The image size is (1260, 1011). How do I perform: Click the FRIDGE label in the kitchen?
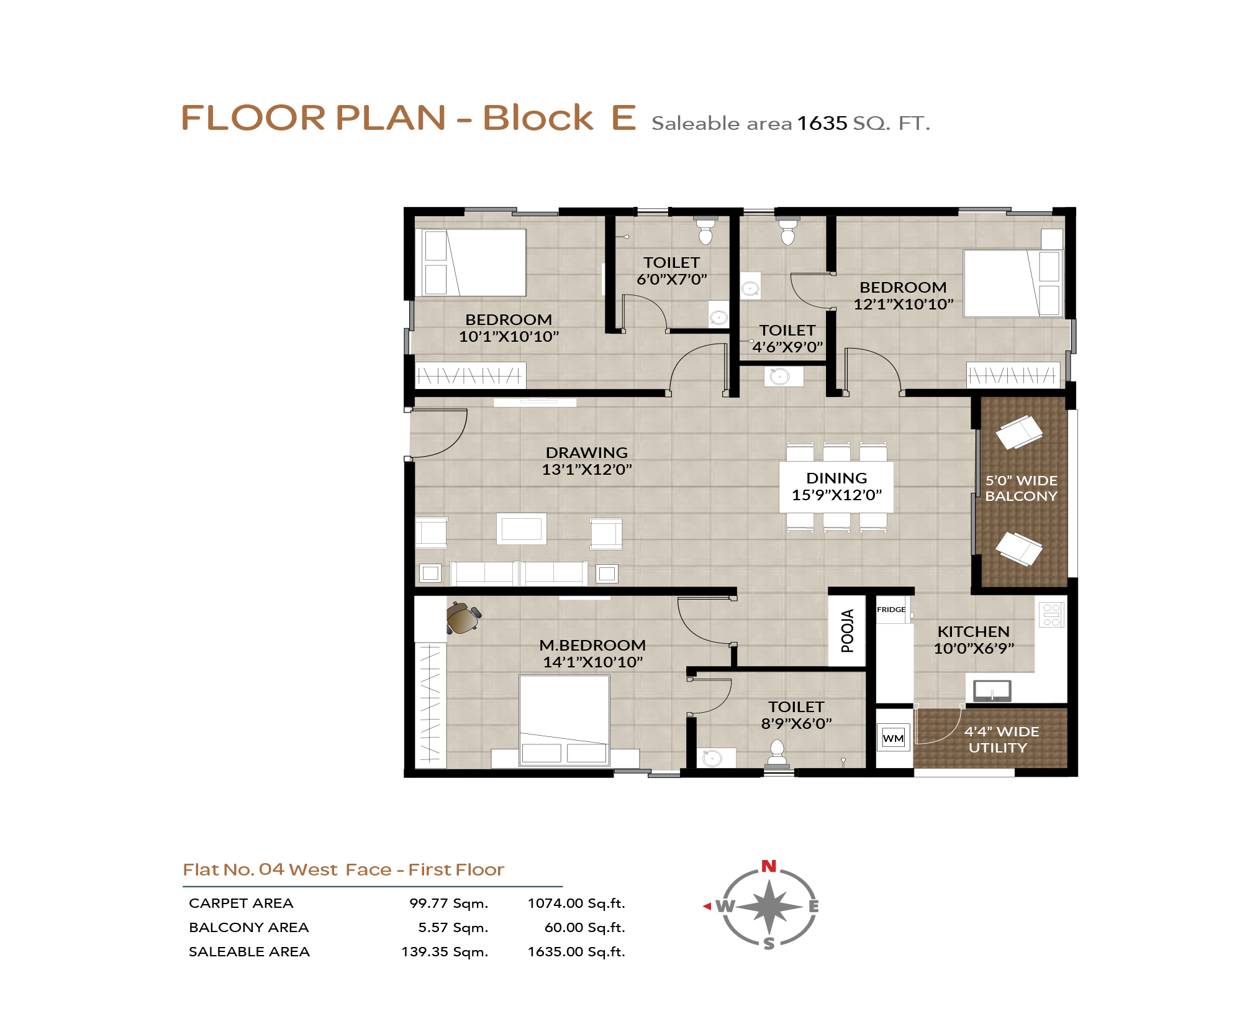point(891,610)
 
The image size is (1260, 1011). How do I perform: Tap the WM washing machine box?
point(893,738)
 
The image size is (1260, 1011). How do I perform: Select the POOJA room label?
point(847,631)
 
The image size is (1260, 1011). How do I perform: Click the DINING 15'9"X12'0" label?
point(836,487)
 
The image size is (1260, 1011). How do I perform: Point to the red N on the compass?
point(769,866)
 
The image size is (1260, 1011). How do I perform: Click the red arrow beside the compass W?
point(707,907)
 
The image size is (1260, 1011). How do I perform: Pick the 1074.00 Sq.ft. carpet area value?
point(576,903)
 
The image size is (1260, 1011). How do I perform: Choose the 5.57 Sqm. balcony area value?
point(453,928)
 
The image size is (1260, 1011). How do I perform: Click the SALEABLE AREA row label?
point(249,952)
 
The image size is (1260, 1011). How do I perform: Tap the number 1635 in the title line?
point(822,123)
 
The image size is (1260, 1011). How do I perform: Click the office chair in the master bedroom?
point(463,617)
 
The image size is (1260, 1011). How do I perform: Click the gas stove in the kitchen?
point(1051,615)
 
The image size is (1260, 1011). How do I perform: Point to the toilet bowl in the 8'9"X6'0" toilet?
point(777,752)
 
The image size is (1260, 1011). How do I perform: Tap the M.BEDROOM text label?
point(592,646)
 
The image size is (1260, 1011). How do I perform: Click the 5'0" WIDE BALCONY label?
point(1021,488)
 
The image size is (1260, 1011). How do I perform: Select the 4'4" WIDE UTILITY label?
point(1001,739)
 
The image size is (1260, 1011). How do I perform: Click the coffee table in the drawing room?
point(522,529)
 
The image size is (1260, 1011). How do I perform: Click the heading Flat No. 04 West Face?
point(287,869)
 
